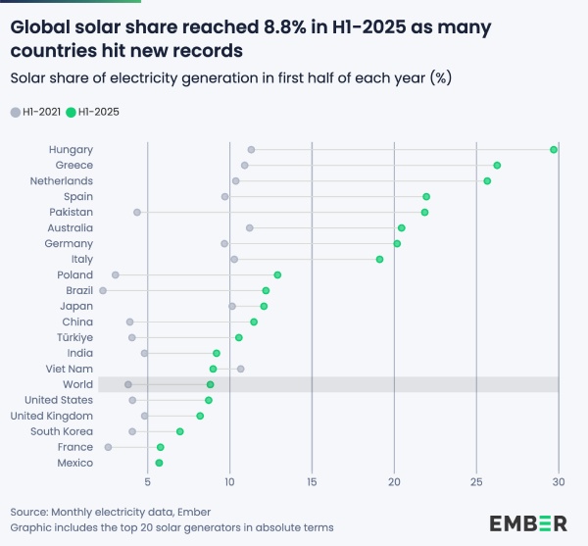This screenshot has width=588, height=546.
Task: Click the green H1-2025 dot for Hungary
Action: pyautogui.click(x=554, y=149)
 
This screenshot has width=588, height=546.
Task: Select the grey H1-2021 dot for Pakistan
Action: pyautogui.click(x=137, y=212)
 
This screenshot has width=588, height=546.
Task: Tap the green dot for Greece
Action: pyautogui.click(x=497, y=165)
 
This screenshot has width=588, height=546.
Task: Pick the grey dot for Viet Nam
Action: pyautogui.click(x=240, y=369)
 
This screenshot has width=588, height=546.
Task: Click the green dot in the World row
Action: pyautogui.click(x=210, y=384)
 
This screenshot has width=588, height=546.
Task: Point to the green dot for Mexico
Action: pyautogui.click(x=160, y=463)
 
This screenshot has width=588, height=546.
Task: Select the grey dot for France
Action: pyautogui.click(x=109, y=447)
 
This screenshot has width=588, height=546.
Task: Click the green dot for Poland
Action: pyautogui.click(x=277, y=274)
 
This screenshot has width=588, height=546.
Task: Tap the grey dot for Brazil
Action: pyautogui.click(x=103, y=290)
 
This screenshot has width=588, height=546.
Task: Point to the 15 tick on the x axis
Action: pyautogui.click(x=312, y=482)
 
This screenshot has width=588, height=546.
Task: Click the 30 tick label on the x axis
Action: pyautogui.click(x=559, y=482)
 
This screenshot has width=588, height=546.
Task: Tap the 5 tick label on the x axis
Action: pyautogui.click(x=147, y=482)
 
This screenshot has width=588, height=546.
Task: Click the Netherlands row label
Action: pyautogui.click(x=61, y=180)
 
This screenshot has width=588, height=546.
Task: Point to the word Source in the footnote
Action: pyautogui.click(x=30, y=512)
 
